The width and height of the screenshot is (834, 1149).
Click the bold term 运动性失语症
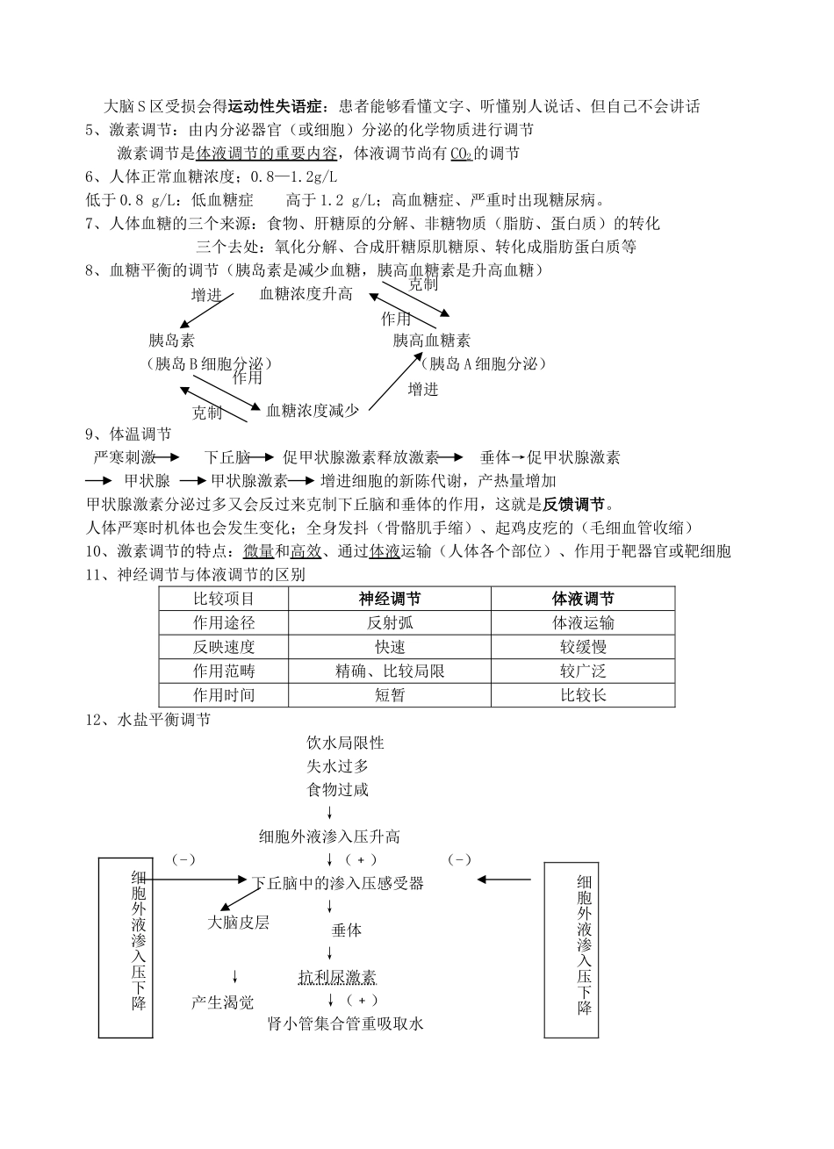[276, 107]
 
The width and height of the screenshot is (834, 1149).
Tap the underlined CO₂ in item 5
[461, 154]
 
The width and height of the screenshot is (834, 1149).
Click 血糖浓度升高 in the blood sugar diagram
[306, 294]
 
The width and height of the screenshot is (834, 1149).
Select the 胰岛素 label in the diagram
[172, 341]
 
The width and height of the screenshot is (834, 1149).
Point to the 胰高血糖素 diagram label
[431, 341]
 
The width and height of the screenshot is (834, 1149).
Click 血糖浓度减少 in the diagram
[312, 410]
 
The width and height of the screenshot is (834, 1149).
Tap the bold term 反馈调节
[574, 505]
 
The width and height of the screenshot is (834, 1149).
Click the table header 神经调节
[390, 599]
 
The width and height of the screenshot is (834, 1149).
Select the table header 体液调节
[583, 599]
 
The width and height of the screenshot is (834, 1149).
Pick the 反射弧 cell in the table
[390, 623]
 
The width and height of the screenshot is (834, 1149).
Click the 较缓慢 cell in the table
[583, 647]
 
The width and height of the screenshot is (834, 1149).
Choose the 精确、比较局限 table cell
[390, 671]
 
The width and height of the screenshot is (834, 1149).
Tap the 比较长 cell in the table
[583, 695]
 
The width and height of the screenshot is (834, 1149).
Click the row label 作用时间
[224, 695]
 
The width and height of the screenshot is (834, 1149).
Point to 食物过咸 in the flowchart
[337, 790]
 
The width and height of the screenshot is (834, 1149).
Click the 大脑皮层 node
[238, 923]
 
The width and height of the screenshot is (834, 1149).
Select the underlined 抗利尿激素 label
[337, 977]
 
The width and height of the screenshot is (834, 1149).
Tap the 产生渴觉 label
[223, 1002]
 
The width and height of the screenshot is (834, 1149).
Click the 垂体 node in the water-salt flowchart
[346, 930]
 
